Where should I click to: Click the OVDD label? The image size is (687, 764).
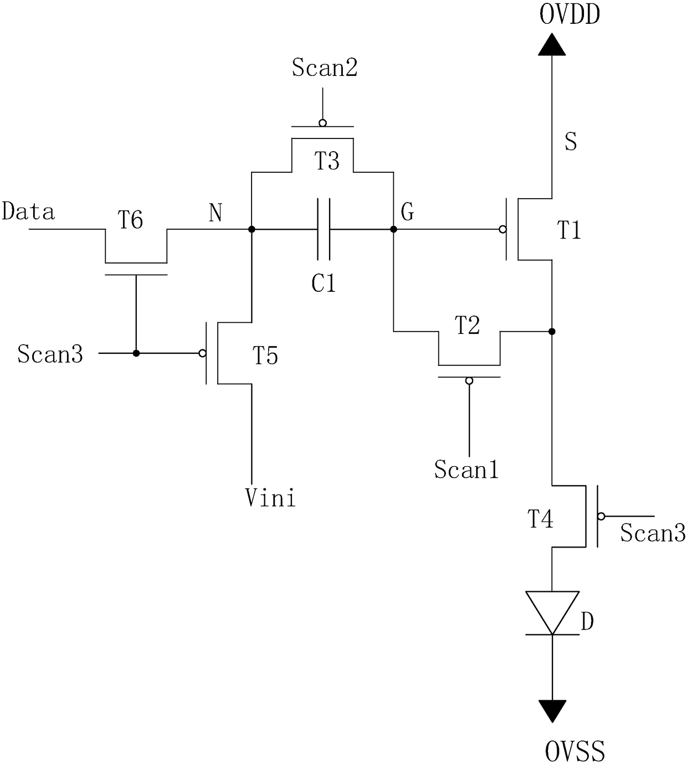(x=570, y=15)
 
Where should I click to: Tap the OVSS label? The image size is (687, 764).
(x=575, y=751)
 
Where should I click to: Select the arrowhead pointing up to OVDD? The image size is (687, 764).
(x=552, y=44)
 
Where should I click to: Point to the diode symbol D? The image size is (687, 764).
(x=552, y=613)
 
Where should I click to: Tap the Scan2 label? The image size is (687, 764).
(x=325, y=68)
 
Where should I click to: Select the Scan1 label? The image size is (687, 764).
(x=466, y=470)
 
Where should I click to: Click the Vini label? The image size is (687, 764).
(x=270, y=498)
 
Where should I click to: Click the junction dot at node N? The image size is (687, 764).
(x=252, y=229)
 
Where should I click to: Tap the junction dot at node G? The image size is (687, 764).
(x=393, y=229)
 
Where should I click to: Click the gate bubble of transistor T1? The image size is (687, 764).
(x=503, y=229)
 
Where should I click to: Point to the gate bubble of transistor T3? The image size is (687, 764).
(x=323, y=123)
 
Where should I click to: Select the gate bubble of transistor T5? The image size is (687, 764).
(x=202, y=353)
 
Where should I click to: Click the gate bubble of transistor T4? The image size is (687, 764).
(x=601, y=516)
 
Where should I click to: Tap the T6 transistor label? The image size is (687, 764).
(x=130, y=219)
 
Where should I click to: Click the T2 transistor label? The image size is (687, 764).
(x=467, y=325)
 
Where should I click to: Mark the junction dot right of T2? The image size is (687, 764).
(x=552, y=332)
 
